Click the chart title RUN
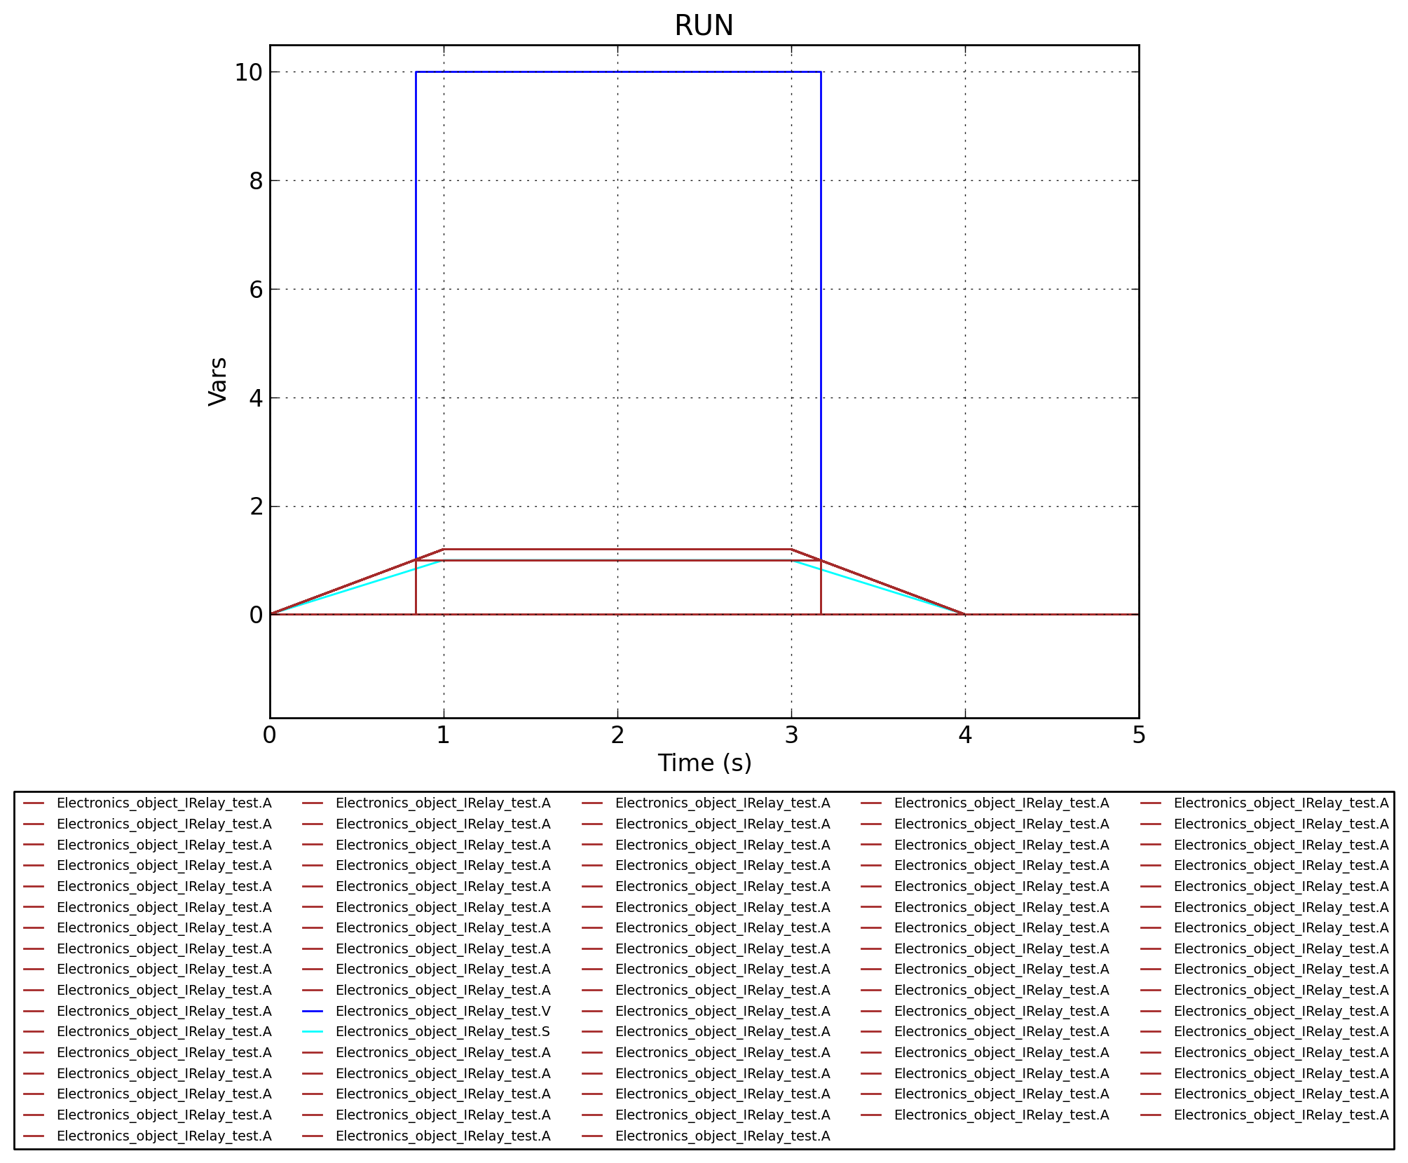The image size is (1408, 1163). pos(704,26)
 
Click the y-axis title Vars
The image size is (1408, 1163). pos(218,381)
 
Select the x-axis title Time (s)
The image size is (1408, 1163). pos(704,763)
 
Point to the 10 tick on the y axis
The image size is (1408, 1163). pos(248,72)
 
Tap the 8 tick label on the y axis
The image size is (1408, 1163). pos(256,181)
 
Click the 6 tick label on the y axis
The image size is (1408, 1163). pos(256,290)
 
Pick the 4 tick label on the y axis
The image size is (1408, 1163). pos(256,398)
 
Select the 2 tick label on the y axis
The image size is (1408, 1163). pos(256,506)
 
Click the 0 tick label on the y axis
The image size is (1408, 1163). pos(256,615)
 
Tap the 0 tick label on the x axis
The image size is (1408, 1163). pos(270,735)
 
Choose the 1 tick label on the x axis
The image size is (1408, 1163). pos(444,735)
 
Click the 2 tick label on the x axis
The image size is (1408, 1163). pos(617,735)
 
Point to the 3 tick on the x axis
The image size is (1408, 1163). pos(791,735)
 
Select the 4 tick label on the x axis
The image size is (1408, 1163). pos(965,735)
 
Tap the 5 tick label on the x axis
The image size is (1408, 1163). pos(1139,735)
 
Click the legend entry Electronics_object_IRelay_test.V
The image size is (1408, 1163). pos(443,1011)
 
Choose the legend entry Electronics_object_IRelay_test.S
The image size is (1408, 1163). pos(443,1031)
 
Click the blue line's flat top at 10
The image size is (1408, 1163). pos(617,72)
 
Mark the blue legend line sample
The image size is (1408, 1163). pos(313,1011)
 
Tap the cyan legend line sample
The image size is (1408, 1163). pos(313,1031)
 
